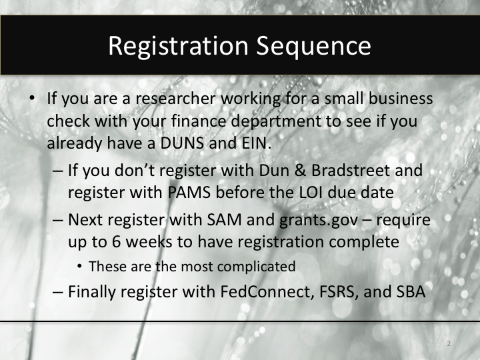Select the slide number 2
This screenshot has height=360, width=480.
coord(449,344)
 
